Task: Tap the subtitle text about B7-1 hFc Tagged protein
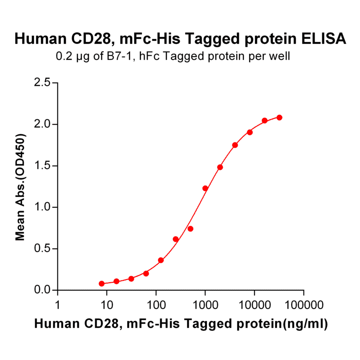pos(173,57)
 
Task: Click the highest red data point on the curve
pos(279,117)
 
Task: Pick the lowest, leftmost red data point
pos(102,284)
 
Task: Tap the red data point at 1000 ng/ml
pos(205,188)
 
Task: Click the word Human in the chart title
pos(37,39)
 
